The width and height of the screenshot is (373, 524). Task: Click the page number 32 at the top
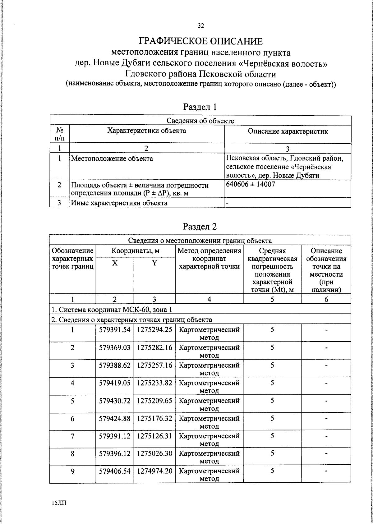[x=201, y=26]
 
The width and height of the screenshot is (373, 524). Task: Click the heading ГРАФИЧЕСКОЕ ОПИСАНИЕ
[x=200, y=41]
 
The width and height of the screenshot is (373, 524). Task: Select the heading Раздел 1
[x=200, y=107]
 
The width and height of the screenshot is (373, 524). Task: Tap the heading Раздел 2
[x=200, y=227]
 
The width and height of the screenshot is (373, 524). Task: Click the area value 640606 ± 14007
[x=251, y=184]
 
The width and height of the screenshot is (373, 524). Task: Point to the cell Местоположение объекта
[x=112, y=159]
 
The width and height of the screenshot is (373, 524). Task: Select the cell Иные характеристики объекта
[x=119, y=203]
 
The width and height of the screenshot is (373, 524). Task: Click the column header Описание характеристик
[x=288, y=131]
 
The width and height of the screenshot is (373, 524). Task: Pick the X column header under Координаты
[x=115, y=263]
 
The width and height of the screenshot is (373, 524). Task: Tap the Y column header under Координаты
[x=154, y=263]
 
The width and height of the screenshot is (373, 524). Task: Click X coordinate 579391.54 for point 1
[x=115, y=330]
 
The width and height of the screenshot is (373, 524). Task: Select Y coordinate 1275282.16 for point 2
[x=154, y=347]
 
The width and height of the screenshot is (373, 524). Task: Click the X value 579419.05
[x=115, y=383]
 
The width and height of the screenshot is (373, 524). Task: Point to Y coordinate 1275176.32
[x=154, y=418]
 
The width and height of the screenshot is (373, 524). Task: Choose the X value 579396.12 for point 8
[x=115, y=453]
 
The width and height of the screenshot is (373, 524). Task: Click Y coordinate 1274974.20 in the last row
[x=154, y=471]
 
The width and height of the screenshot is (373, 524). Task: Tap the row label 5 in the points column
[x=72, y=401]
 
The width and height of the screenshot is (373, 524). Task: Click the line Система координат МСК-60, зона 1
[x=112, y=310]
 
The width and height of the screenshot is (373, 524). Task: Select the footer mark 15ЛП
[x=59, y=503]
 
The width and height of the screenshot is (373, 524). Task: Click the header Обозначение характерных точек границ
[x=73, y=259]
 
